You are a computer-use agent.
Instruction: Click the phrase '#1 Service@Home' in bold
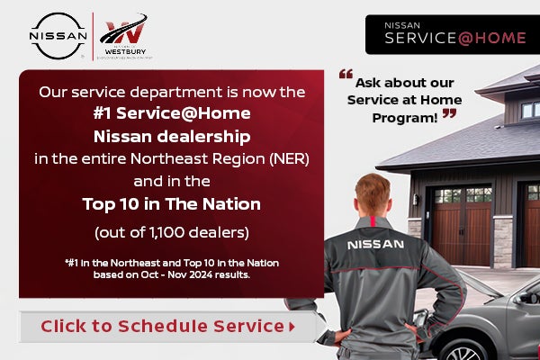pyautogui.click(x=171, y=114)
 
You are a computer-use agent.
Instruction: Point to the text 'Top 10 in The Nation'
pyautogui.click(x=171, y=204)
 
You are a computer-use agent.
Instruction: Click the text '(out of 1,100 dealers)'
pyautogui.click(x=171, y=231)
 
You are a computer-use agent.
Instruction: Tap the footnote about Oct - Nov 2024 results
pyautogui.click(x=171, y=268)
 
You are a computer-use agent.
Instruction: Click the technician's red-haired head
pyautogui.click(x=373, y=197)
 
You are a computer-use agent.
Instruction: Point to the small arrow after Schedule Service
pyautogui.click(x=292, y=327)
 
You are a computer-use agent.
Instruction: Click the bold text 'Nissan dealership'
pyautogui.click(x=171, y=137)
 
